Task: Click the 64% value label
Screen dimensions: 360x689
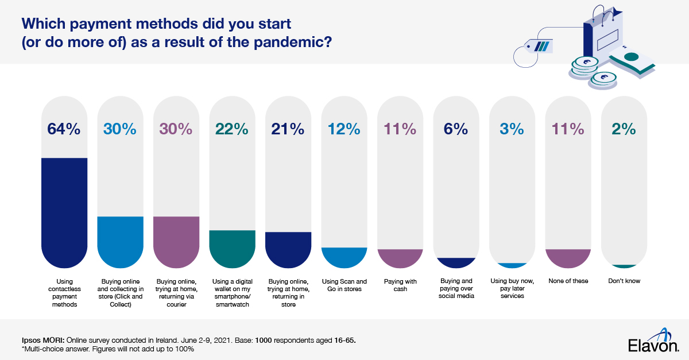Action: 64,130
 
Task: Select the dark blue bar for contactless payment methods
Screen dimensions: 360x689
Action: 64,212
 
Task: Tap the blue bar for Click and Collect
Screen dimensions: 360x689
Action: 120,241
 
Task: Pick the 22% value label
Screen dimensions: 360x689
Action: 233,130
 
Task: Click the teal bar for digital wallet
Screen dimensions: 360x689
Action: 233,248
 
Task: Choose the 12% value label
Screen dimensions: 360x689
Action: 344,130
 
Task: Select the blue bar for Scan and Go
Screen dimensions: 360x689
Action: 344,257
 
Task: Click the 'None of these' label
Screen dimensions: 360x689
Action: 568,281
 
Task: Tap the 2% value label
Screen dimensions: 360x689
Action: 624,130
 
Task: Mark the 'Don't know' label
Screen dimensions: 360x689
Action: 624,281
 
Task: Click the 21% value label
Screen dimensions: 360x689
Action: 288,130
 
